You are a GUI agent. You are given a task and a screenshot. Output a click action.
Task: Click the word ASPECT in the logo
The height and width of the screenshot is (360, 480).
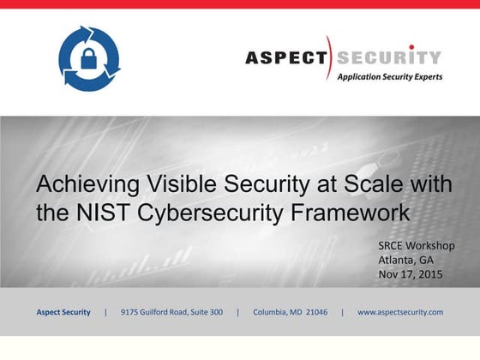[x=286, y=58]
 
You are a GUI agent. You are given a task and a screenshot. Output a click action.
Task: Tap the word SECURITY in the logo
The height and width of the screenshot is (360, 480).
[x=387, y=58]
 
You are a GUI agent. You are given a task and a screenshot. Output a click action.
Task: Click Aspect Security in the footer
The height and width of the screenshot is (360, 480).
[x=63, y=312]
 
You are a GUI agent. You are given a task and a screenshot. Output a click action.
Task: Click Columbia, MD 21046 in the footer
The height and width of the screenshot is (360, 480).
[x=290, y=312]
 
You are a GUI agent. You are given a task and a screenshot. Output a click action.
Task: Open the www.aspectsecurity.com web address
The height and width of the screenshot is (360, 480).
[x=400, y=312]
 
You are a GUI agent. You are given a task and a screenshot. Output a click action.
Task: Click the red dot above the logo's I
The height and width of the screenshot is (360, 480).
[x=411, y=46]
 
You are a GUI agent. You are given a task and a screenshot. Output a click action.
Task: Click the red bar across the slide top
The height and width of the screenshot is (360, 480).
[x=240, y=4]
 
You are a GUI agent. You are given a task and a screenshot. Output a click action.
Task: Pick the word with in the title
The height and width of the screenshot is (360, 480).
[x=430, y=184]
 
